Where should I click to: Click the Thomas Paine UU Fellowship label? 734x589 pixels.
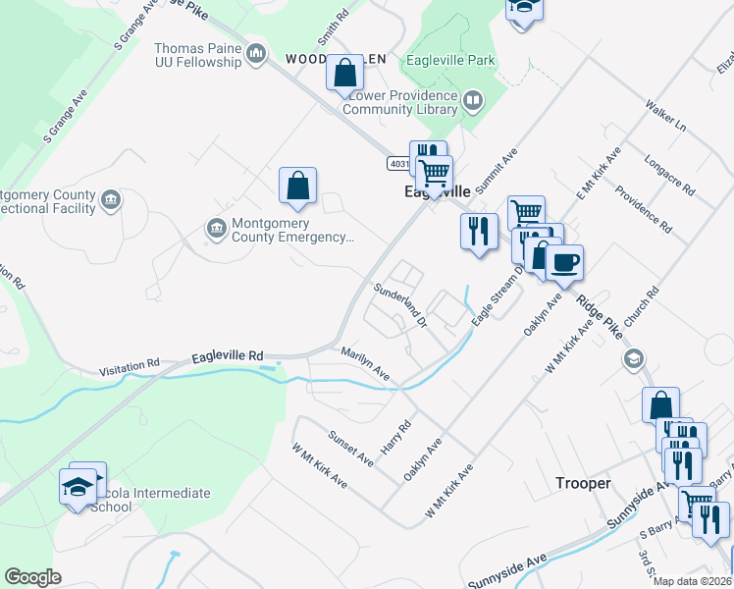coord(197,55)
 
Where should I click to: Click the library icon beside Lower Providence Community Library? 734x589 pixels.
coord(473,99)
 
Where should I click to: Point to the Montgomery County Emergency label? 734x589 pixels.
coord(291,230)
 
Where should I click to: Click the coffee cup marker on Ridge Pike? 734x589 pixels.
coord(564,263)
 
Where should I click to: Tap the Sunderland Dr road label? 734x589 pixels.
coord(400,303)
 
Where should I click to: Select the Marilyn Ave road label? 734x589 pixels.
coord(365,362)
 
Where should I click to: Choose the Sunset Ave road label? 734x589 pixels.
coord(350,448)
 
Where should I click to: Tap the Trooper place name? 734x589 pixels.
coord(584,483)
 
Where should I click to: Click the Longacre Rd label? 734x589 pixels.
coord(670,174)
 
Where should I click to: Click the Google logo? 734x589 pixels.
coord(32,576)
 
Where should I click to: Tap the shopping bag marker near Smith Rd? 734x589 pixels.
coord(344,74)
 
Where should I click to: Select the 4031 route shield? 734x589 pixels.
coord(397,163)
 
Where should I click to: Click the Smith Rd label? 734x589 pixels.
coord(333,30)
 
